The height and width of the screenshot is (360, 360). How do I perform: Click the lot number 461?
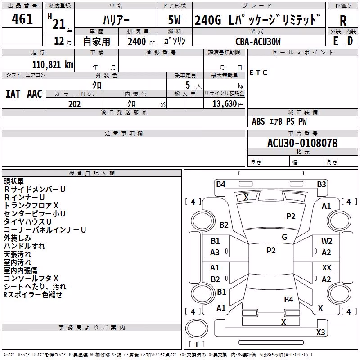click(x=22, y=18)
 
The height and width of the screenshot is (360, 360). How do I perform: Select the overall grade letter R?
click(x=343, y=21)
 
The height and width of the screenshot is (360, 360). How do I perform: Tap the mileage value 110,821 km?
click(x=53, y=65)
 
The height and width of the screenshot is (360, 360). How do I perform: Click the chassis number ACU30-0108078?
click(x=302, y=143)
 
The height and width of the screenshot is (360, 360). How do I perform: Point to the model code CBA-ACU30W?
click(x=258, y=41)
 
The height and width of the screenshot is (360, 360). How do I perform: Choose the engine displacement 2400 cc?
click(x=141, y=41)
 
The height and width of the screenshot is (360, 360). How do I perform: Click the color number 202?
click(x=74, y=104)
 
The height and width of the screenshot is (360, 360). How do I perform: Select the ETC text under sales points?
click(x=258, y=72)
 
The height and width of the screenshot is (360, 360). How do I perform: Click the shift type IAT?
click(x=13, y=94)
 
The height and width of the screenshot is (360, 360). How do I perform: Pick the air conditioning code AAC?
click(x=35, y=94)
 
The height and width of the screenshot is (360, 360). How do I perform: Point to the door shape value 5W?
click(x=174, y=20)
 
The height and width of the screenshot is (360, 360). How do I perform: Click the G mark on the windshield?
click(x=284, y=237)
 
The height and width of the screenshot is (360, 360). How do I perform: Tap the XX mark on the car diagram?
click(x=327, y=267)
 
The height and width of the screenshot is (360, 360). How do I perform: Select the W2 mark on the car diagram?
click(x=327, y=241)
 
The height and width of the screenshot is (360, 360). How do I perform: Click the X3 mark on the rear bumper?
click(x=320, y=332)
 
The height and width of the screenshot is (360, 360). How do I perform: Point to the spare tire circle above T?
click(x=197, y=329)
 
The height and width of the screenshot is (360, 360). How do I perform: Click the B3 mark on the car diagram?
click(x=321, y=184)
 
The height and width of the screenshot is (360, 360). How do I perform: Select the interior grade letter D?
click(x=350, y=41)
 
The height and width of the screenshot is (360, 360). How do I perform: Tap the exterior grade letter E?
click(x=336, y=41)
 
